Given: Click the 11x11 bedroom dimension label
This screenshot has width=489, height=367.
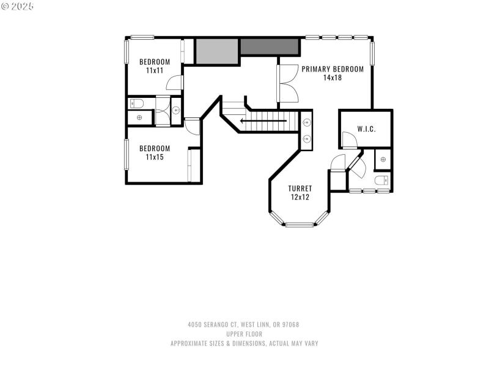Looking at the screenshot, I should [154, 70].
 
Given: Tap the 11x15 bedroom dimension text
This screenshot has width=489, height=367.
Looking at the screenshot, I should [154, 157].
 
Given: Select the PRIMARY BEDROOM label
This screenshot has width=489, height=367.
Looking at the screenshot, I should [333, 69].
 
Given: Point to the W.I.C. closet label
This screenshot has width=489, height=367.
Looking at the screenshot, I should [366, 129].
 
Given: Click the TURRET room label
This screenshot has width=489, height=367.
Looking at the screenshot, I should [300, 188].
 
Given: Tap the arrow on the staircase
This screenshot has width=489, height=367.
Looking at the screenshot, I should [263, 120].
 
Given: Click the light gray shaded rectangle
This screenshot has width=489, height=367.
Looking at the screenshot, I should [216, 51].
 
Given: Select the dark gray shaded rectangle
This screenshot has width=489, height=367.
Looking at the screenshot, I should [270, 46].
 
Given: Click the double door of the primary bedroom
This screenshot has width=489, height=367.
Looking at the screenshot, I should [287, 84].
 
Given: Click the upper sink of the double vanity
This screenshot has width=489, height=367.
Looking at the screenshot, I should [306, 121].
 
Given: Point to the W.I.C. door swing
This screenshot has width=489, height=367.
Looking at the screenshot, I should [350, 141].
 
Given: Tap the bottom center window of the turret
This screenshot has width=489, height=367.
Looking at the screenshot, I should [300, 225].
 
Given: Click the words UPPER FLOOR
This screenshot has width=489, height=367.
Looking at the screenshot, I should [244, 334].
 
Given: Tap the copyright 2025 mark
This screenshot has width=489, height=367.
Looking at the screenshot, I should [18, 6].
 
